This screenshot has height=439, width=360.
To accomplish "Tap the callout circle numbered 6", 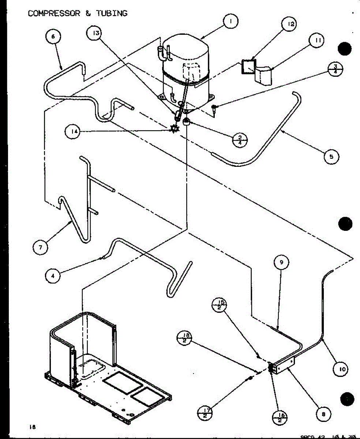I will (x=53, y=36).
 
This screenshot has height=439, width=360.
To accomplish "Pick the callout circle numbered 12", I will (x=289, y=25).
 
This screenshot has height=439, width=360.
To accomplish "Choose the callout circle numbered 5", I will (x=331, y=157).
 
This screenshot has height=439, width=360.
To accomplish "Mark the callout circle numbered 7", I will (x=40, y=248).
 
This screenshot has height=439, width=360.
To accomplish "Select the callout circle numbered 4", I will (x=53, y=276).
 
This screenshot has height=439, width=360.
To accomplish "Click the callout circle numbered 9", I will (x=281, y=263).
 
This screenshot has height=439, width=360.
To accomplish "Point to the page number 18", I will (x=33, y=427).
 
